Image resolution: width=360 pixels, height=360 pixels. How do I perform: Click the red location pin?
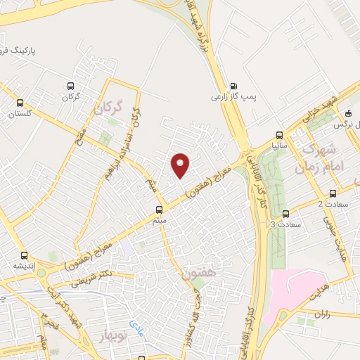pyautogui.click(x=181, y=165)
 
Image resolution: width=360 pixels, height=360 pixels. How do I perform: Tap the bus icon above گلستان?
pyautogui.click(x=20, y=102)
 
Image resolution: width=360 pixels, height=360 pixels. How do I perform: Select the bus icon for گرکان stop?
pyautogui.click(x=70, y=85)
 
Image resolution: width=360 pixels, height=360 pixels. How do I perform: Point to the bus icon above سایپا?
pyautogui.click(x=280, y=135)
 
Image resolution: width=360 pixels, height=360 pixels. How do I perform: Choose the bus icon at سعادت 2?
pyautogui.click(x=333, y=193)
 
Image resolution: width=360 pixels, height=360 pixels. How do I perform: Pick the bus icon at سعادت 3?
pyautogui.click(x=285, y=214)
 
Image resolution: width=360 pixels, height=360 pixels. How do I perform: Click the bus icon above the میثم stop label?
pyautogui.click(x=159, y=210)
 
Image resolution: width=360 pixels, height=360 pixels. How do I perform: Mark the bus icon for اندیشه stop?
pyautogui.click(x=24, y=255)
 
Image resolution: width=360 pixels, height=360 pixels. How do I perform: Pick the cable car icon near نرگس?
pyautogui.click(x=347, y=113)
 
